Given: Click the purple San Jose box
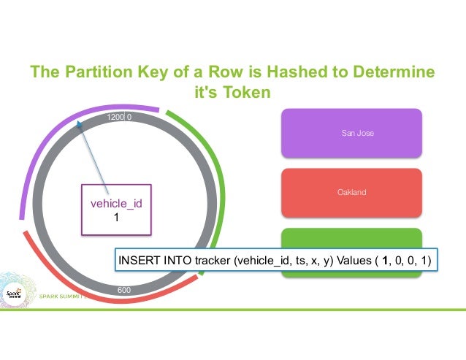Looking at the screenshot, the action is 351,134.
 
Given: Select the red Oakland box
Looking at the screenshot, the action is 351,193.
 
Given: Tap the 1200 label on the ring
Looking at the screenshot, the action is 116,117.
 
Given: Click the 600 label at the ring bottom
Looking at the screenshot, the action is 124,290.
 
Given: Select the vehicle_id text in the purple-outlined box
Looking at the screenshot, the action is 115,204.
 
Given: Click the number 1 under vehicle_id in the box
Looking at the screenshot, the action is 115,217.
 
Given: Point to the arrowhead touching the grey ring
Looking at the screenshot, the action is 80,126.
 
